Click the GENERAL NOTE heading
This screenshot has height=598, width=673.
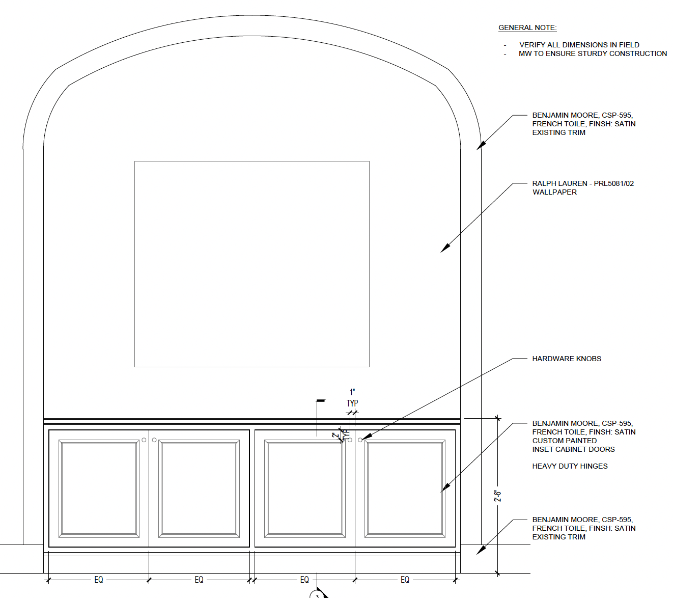tap(527, 28)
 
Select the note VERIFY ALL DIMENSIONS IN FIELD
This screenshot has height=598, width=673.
tap(579, 45)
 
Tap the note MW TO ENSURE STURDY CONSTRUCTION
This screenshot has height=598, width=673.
tap(593, 53)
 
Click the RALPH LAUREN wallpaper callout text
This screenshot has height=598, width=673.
tap(583, 188)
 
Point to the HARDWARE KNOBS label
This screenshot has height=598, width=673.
tap(567, 359)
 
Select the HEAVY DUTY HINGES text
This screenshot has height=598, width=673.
tap(570, 466)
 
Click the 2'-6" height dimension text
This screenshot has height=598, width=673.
tap(497, 496)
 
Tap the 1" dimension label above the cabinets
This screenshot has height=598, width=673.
tap(352, 392)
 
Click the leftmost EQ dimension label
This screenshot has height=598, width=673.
tap(99, 580)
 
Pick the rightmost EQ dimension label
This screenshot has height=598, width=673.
tap(405, 580)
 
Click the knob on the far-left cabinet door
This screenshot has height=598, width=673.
tap(144, 440)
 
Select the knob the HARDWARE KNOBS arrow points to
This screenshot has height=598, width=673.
tap(360, 440)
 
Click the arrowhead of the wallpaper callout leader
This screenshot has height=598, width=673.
tap(445, 248)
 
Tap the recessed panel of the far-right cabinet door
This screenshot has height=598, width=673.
tap(405, 488)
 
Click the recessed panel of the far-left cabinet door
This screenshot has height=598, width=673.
tap(99, 488)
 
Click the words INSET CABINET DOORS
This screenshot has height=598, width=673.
tap(573, 449)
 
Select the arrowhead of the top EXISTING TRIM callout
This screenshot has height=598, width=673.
tap(481, 145)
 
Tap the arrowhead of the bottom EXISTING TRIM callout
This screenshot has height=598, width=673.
tap(481, 550)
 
